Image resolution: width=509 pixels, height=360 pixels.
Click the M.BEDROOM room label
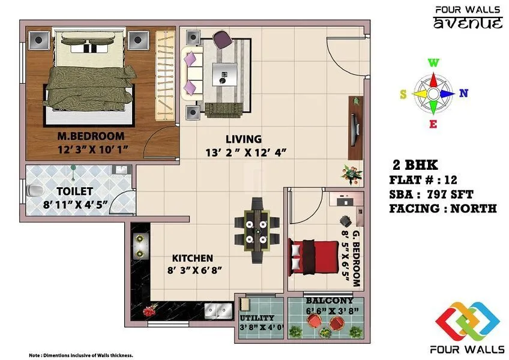tap(91, 136)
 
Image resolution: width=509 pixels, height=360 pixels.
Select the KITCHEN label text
tap(193, 258)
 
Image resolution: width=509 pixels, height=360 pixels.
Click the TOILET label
tap(74, 191)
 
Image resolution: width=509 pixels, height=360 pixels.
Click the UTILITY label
tap(257, 317)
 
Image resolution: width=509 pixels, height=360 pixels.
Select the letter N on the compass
tap(463, 93)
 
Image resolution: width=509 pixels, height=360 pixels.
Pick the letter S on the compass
tap(404, 94)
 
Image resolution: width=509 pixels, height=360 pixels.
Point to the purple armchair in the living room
tap(221, 40)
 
